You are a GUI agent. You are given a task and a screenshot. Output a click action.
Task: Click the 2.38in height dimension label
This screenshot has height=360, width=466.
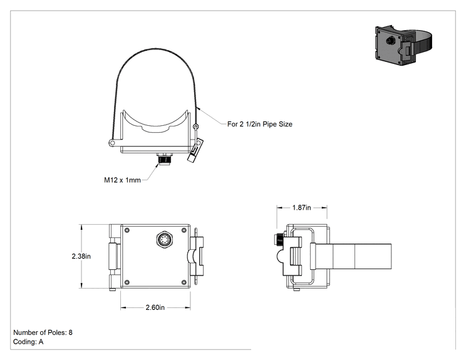pos(81,256)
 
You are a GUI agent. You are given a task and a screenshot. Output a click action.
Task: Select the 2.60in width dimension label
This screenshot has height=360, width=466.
pos(155,307)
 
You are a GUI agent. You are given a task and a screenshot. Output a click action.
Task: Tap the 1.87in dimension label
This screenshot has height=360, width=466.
pos(301,208)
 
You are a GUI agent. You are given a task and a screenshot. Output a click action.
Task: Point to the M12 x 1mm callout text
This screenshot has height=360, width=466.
pos(122,180)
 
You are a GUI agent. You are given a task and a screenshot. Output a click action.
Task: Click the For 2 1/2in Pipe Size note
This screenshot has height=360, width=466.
pos(260,124)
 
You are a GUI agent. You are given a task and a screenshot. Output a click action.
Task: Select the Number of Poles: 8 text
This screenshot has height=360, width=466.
pos(43,332)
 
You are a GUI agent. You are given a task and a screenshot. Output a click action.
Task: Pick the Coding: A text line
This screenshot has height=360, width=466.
pos(28,342)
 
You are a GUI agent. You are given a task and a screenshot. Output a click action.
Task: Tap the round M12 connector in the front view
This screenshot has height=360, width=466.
pos(163,239)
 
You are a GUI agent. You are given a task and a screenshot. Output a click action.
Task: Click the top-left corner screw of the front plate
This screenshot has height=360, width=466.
pos(127,230)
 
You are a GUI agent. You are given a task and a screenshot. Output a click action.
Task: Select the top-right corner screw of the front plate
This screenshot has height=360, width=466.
pos(184,230)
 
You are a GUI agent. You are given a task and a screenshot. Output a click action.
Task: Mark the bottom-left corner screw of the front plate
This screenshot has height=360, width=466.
pos(127,282)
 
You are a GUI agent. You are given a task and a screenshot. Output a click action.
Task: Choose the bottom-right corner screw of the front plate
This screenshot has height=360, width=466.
pos(184,282)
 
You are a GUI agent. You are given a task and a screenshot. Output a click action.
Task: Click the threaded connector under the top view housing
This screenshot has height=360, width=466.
pos(163,159)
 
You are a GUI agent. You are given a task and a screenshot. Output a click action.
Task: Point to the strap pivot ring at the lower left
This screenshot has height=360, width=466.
pos(112,143)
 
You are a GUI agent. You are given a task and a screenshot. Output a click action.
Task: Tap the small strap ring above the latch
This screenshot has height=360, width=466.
pos(195,127)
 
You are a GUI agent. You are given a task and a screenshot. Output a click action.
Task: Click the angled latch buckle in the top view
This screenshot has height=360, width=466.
pos(195,150)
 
